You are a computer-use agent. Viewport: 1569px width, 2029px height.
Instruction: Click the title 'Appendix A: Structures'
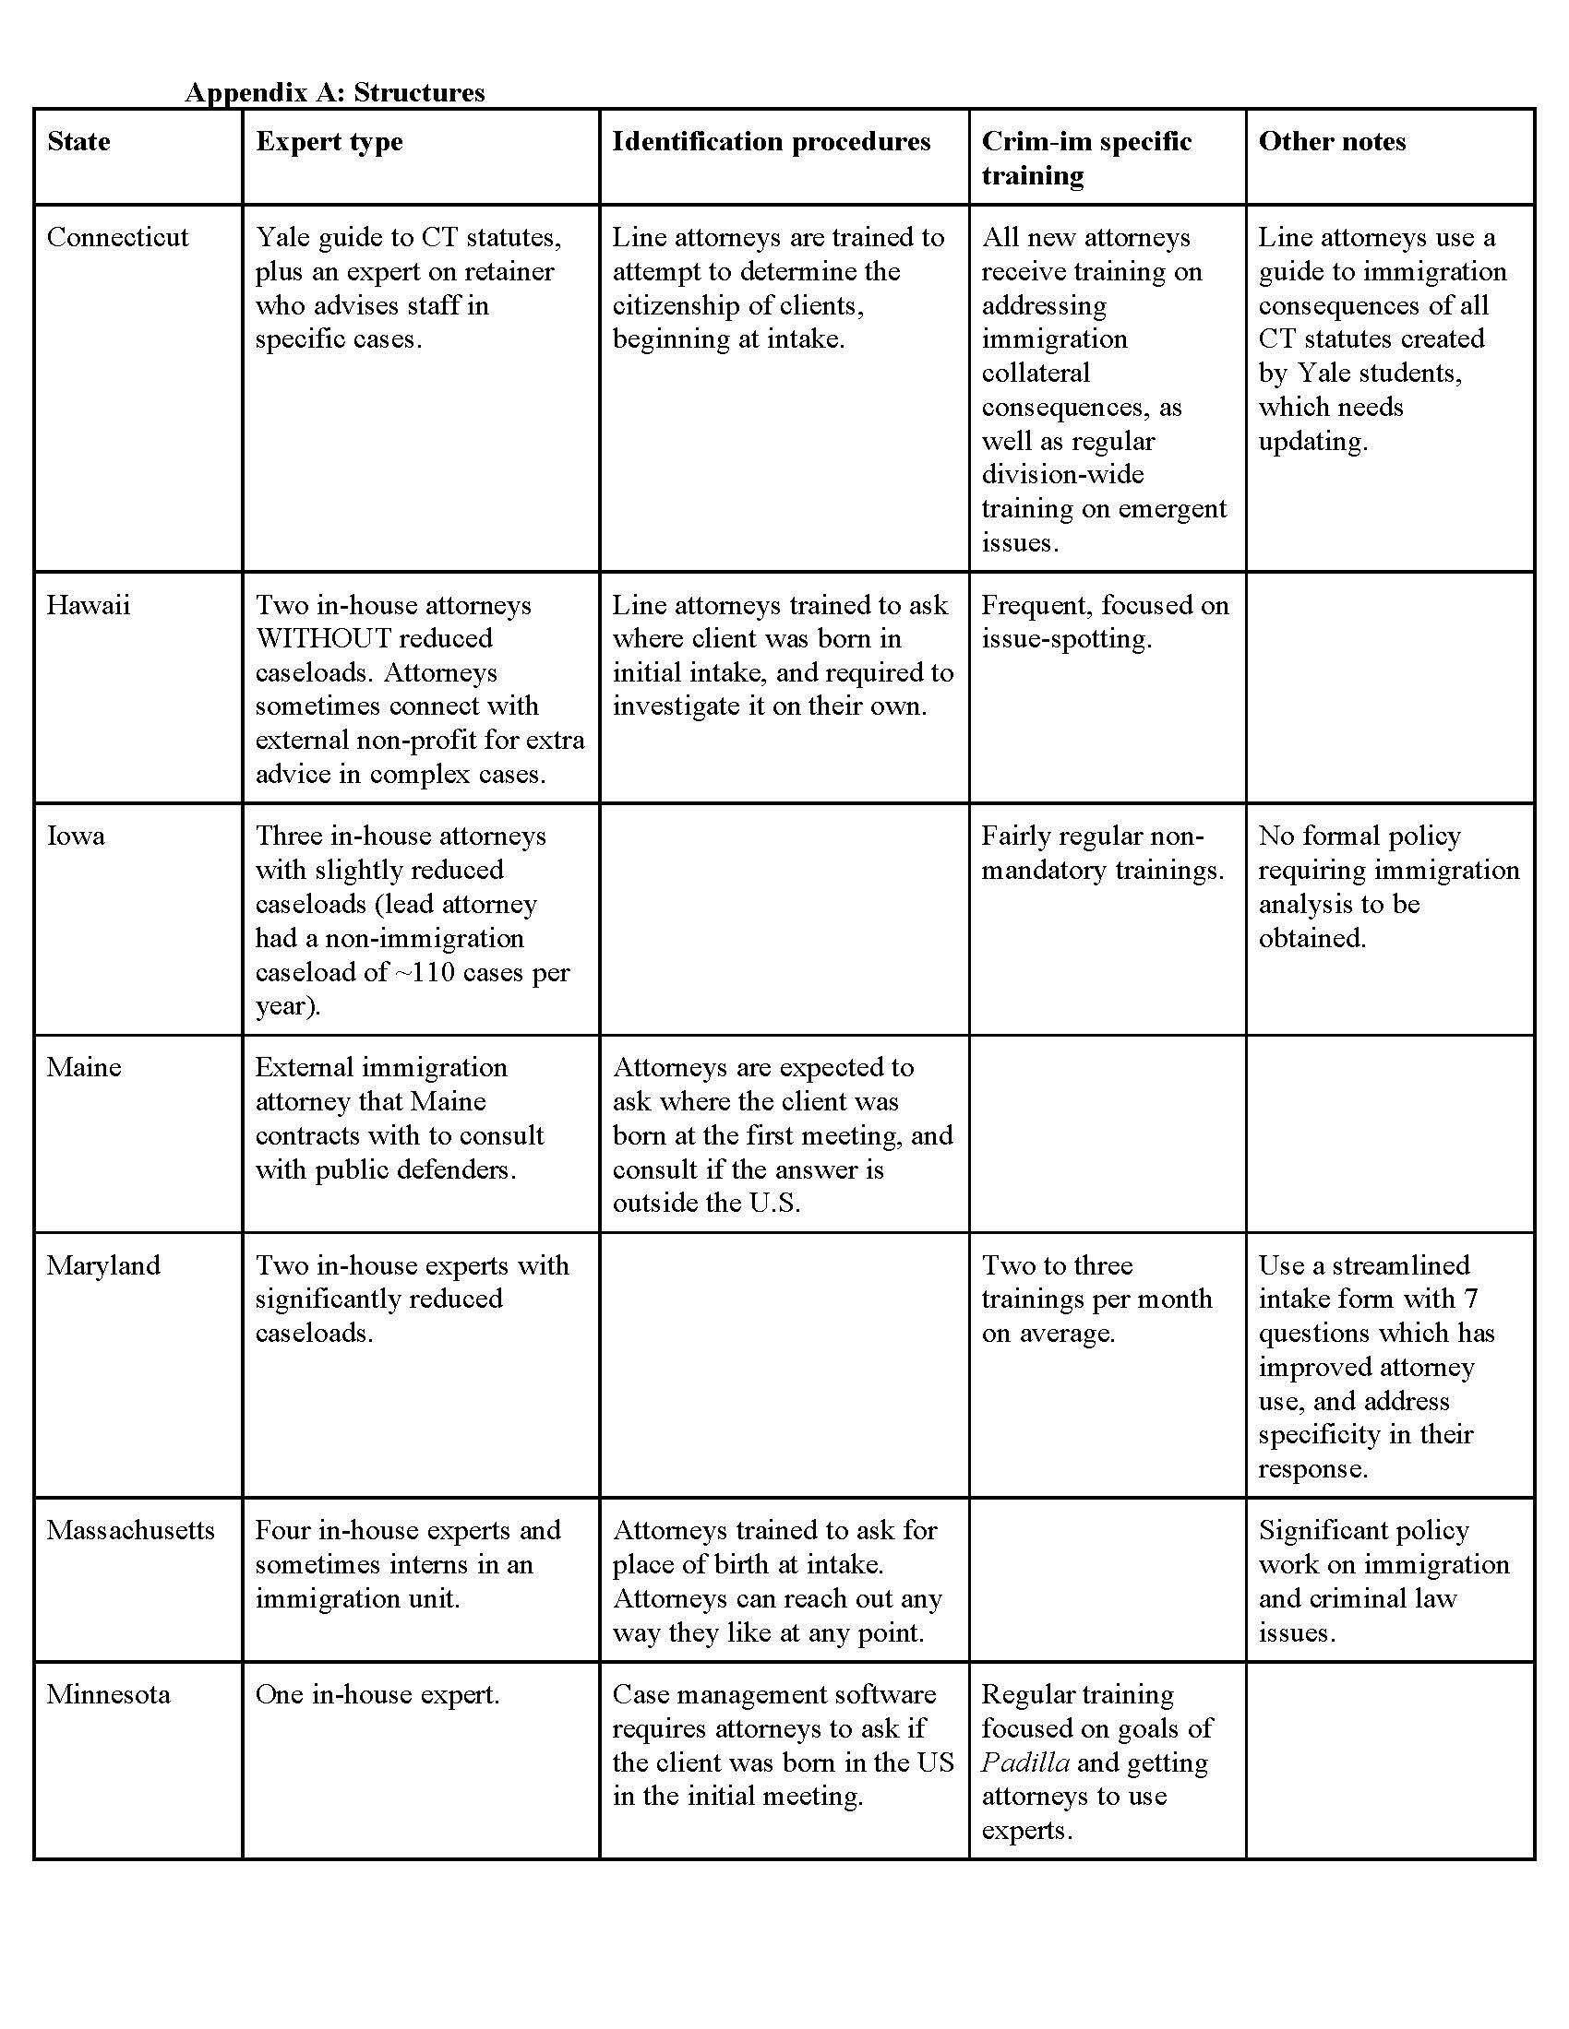[335, 92]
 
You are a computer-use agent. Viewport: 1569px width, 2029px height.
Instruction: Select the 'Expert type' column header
[329, 141]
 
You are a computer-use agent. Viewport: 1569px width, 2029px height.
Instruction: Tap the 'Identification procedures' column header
[771, 141]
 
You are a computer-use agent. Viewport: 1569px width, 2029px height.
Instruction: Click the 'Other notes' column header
[1331, 141]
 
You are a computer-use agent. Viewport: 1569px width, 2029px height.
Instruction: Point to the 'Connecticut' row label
[117, 237]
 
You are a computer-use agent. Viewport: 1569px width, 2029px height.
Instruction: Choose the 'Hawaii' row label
[89, 605]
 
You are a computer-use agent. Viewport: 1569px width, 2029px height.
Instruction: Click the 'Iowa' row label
[76, 836]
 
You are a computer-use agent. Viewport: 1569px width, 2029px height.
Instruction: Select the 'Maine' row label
[84, 1066]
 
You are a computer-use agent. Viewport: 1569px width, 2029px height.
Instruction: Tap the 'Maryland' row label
[103, 1264]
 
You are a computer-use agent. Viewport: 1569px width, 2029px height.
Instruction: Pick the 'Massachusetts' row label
[130, 1530]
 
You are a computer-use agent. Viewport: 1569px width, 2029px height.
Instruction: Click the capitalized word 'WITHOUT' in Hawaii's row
[322, 638]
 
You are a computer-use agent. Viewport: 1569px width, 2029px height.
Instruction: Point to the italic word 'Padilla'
[1025, 1762]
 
